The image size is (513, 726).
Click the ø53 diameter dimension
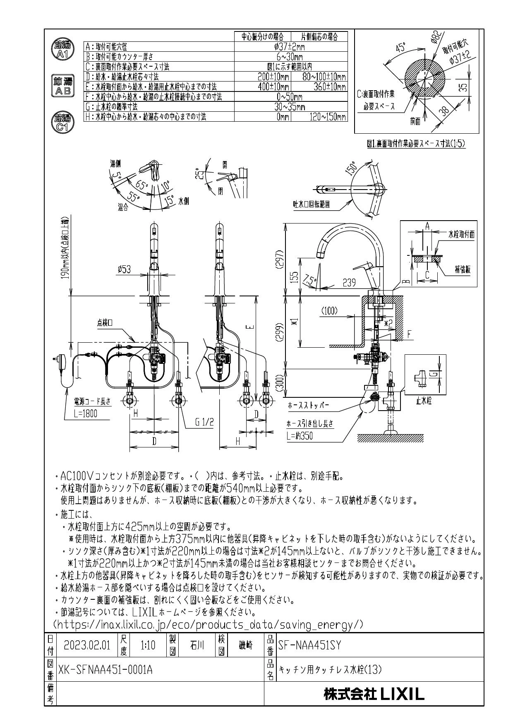[x=124, y=269]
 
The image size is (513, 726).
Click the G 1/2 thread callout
[x=205, y=422]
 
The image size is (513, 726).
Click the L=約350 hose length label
[x=300, y=435]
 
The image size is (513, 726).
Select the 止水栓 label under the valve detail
[x=424, y=401]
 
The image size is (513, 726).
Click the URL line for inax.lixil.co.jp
[x=209, y=623]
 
